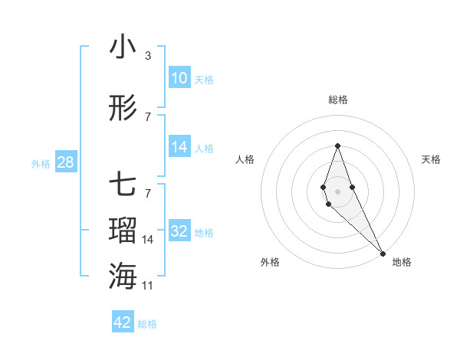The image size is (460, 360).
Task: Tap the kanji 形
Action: coord(123,108)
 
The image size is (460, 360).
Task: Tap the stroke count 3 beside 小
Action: coord(147,56)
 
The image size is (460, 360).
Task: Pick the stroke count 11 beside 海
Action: coord(148,285)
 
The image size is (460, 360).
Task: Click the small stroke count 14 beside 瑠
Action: coord(148,240)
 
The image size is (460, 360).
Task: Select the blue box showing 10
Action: coord(179,78)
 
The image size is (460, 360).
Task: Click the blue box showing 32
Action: coord(179,231)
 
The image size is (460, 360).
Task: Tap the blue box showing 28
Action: coord(65,162)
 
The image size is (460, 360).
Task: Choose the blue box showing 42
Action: coord(123,322)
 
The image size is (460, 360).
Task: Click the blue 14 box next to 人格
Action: coord(179,147)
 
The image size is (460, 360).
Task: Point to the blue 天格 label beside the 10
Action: coord(204,80)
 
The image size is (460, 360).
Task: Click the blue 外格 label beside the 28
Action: coord(41,164)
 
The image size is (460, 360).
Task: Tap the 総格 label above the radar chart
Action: coord(338,100)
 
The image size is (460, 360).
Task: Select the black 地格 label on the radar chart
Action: coord(402,262)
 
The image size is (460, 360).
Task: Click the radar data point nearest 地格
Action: coord(382,253)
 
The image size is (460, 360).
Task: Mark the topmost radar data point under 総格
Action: coord(337,146)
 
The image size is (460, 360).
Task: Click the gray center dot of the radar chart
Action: coord(337,191)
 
